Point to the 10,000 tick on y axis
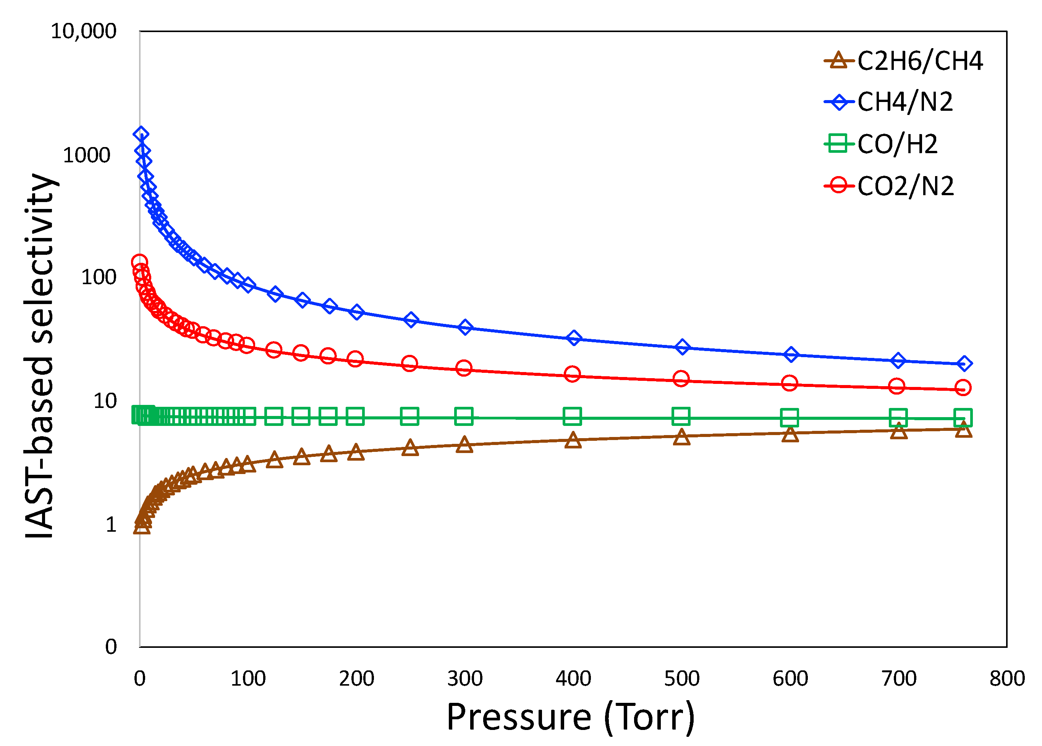[84, 32]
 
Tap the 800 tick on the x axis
[1006, 678]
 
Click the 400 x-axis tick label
[573, 678]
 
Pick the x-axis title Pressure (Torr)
[570, 717]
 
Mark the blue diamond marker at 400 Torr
[573, 338]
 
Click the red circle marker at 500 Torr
[681, 379]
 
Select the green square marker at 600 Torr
[789, 418]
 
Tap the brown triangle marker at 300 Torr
[464, 444]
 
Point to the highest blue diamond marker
[141, 134]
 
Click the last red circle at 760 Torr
[963, 388]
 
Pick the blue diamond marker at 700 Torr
[898, 361]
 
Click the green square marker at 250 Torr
[409, 416]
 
